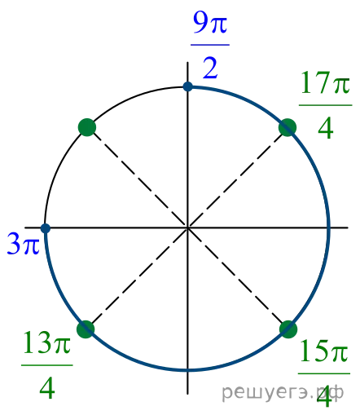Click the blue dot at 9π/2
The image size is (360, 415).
(x=187, y=86)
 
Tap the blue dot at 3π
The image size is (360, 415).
(x=46, y=228)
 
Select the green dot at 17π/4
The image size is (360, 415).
(x=288, y=127)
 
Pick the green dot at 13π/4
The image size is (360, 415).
(x=86, y=329)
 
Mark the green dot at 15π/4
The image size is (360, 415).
(x=288, y=329)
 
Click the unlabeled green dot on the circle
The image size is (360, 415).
(x=87, y=127)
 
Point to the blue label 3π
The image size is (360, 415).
(x=24, y=244)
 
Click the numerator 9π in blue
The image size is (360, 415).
(x=210, y=23)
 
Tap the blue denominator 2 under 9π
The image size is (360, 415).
(x=210, y=68)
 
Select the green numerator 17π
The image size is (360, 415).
(x=325, y=83)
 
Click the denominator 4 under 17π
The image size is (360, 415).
(x=325, y=129)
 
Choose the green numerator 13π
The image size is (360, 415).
(x=47, y=342)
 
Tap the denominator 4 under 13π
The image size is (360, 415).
(x=47, y=389)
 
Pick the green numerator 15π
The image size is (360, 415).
(x=324, y=351)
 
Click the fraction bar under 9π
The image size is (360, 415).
(x=210, y=45)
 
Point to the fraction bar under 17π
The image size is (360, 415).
(x=325, y=105)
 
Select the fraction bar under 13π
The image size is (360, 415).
(x=47, y=365)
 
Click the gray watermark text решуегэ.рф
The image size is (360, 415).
(x=283, y=393)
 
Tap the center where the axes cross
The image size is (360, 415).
(x=187, y=227)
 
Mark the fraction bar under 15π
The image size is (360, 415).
(x=324, y=373)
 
